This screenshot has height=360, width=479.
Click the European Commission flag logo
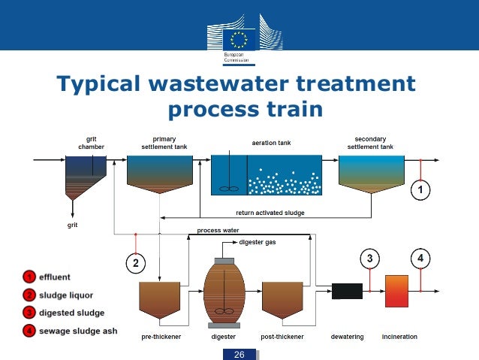tap(239, 38)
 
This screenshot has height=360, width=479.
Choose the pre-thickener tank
tap(160, 300)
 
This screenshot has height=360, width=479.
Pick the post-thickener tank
tap(282, 300)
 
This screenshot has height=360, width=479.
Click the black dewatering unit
tap(347, 292)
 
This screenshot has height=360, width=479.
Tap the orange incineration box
tap(396, 291)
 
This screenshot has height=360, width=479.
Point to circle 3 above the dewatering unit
tap(369, 259)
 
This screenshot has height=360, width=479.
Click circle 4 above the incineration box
tap(420, 259)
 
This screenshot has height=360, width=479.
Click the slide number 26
tap(239, 354)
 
